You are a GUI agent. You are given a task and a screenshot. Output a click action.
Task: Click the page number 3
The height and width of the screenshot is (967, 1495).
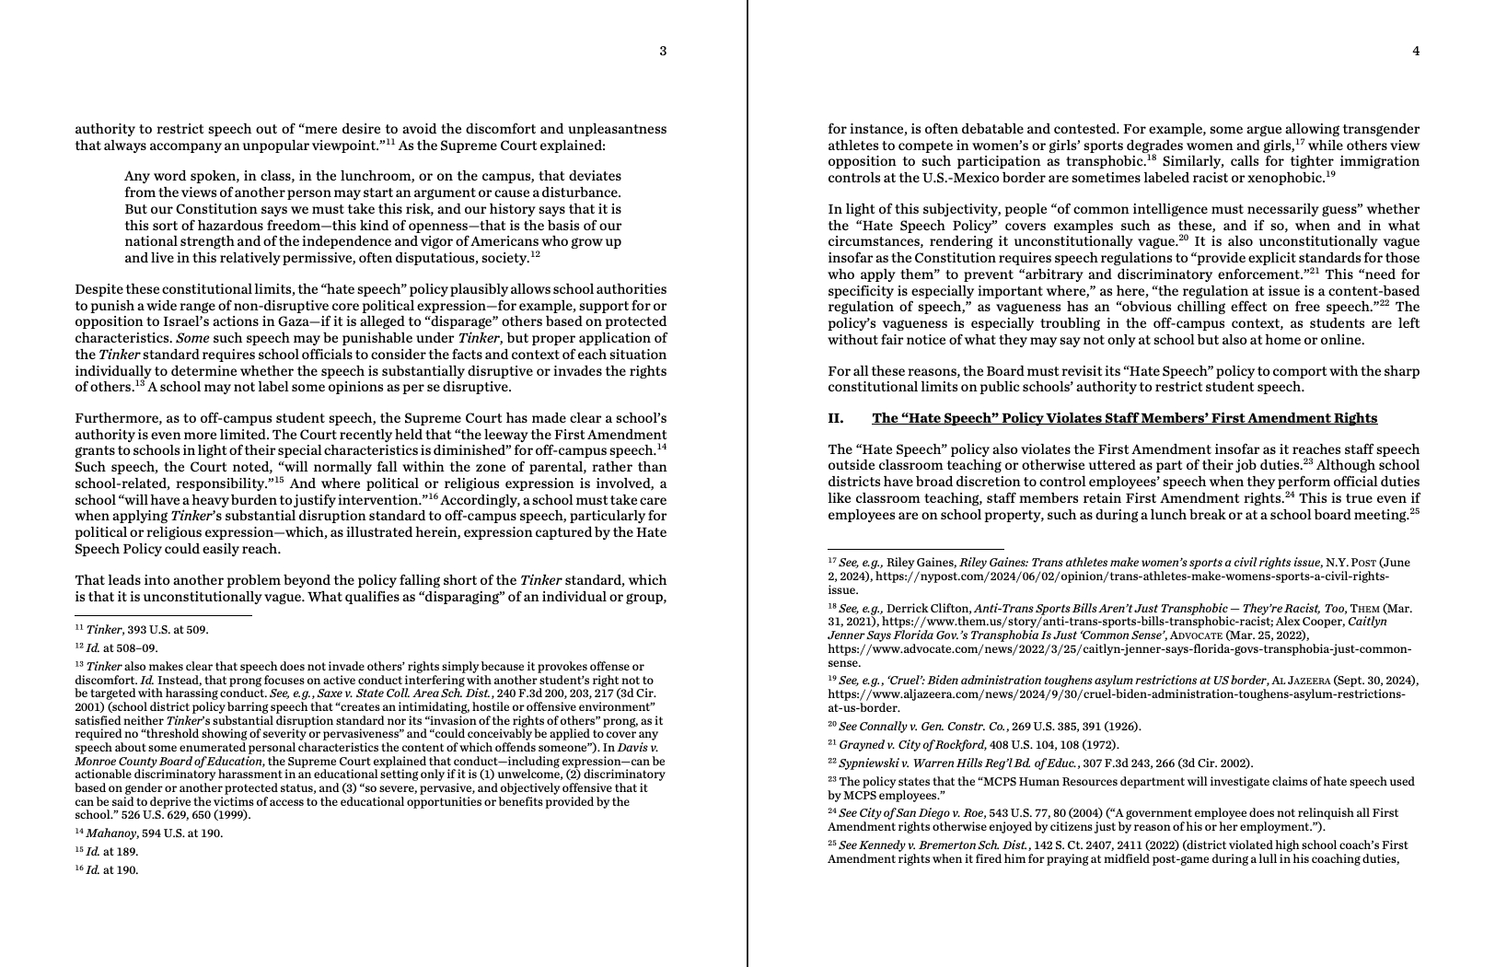coord(663,52)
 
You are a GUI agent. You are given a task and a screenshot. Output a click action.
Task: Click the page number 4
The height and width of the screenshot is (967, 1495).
coord(1416,52)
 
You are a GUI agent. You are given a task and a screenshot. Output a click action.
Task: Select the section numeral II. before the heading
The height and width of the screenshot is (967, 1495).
coord(835,418)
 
